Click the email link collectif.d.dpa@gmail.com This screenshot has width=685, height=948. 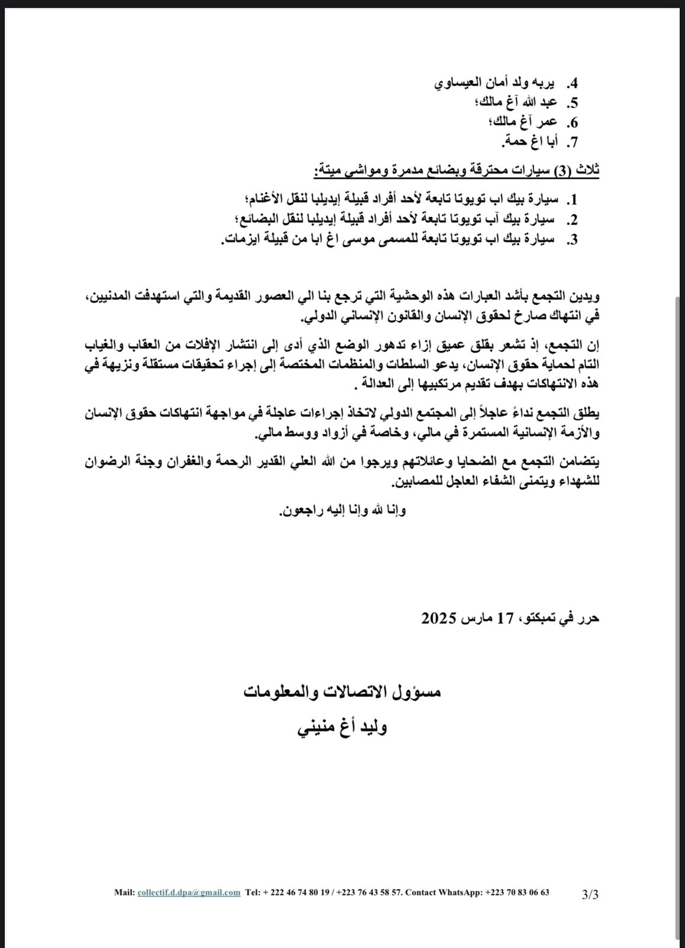coord(189,892)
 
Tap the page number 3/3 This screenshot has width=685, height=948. coord(590,894)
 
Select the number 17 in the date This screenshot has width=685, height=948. coord(504,619)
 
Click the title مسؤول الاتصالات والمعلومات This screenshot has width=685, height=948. coord(342,691)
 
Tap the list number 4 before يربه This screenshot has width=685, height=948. coord(573,83)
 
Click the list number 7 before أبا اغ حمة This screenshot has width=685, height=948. coord(573,142)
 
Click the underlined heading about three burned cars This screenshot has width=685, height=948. coord(456,171)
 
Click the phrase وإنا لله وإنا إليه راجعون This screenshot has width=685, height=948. coord(342,511)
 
